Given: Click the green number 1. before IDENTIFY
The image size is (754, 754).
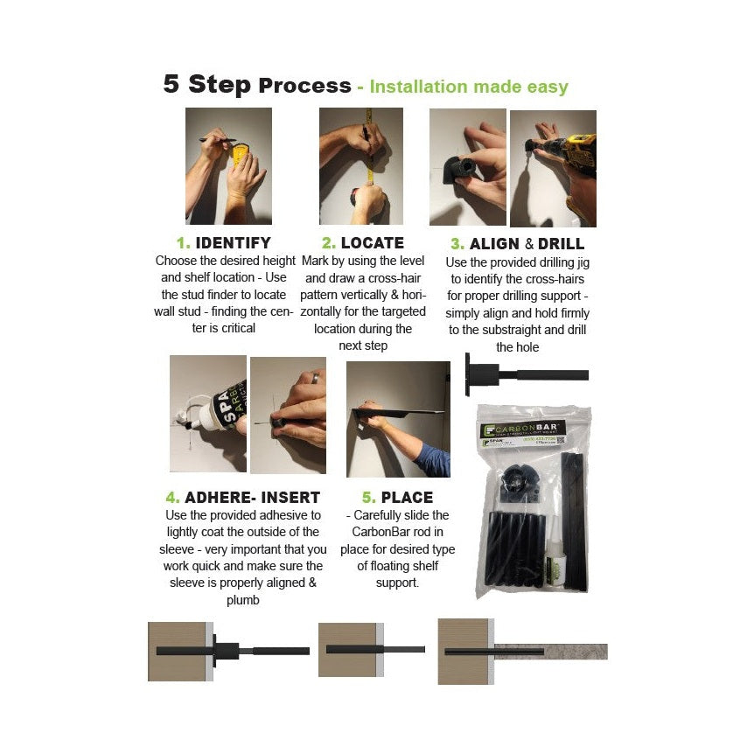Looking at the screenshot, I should (183, 243).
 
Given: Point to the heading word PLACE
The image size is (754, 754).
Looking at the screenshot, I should (407, 498).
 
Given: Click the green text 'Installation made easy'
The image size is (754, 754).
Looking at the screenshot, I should (469, 87).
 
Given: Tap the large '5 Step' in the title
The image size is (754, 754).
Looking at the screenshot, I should (207, 85).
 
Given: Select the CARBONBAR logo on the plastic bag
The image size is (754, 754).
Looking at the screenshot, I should (533, 428).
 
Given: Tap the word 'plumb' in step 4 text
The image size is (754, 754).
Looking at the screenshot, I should (242, 600).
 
